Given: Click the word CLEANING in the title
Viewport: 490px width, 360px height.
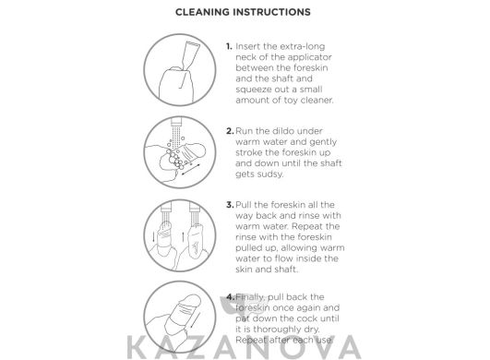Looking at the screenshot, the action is tap(202, 12).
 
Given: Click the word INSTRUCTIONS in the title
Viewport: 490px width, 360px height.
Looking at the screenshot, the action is tap(271, 12).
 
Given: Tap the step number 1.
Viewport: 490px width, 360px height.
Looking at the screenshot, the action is tap(229, 46).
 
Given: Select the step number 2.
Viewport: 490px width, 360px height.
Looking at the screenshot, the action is tap(230, 131).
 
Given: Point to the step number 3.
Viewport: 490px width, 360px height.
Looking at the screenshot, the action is tap(230, 205).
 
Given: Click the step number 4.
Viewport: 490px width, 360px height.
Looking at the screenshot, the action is tap(231, 297).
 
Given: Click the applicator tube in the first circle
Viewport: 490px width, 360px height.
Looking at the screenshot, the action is tap(190, 55).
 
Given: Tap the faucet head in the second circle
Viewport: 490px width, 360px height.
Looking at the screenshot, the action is tap(176, 121).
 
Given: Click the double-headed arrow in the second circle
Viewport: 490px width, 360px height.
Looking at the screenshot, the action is tap(191, 169).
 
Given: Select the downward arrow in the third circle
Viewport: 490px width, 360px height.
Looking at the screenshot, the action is tap(153, 236).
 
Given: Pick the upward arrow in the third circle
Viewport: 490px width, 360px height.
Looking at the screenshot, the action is tap(183, 236).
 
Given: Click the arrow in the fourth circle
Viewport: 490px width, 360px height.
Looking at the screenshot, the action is tap(195, 319).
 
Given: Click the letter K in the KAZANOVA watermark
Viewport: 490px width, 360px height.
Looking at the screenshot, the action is tap(137, 347).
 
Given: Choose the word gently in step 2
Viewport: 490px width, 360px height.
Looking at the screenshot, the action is tap(323, 142).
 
